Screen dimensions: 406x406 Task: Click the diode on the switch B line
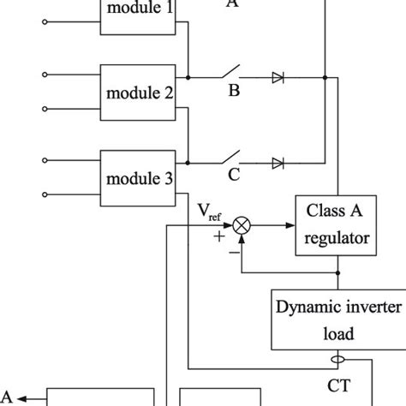pyautogui.click(x=278, y=77)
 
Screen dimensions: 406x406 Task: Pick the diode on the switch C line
pyautogui.click(x=278, y=163)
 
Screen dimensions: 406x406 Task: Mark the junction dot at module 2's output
pyautogui.click(x=188, y=77)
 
